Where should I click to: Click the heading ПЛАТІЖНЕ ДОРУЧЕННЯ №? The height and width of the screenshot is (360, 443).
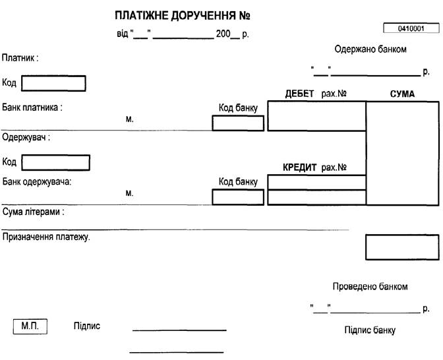183,15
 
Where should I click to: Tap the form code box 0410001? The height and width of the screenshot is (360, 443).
411,29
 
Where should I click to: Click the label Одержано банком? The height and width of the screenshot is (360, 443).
370,49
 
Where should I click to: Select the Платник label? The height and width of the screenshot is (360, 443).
20,58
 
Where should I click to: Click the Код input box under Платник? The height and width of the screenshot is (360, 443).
53,84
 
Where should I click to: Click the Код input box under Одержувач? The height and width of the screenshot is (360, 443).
55,162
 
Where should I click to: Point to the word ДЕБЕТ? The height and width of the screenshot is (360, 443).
299,94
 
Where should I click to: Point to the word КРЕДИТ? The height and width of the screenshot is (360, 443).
300,167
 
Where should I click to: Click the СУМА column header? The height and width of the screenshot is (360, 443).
402,94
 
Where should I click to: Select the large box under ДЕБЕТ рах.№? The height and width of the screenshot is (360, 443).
316,116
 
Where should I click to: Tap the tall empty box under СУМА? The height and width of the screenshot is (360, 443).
402,153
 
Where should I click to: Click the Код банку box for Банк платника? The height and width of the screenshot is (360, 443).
238,123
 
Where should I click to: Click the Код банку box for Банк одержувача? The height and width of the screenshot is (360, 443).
238,197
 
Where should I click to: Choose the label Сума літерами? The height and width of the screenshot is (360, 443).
33,213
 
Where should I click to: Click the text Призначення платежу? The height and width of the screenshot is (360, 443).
46,237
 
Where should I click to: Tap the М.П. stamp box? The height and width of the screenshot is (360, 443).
30,326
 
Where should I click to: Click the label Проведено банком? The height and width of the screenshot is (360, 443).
370,287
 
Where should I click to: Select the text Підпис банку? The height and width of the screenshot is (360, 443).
370,330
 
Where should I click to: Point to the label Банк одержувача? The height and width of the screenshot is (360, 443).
37,181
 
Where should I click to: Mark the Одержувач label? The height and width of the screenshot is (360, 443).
26,138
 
